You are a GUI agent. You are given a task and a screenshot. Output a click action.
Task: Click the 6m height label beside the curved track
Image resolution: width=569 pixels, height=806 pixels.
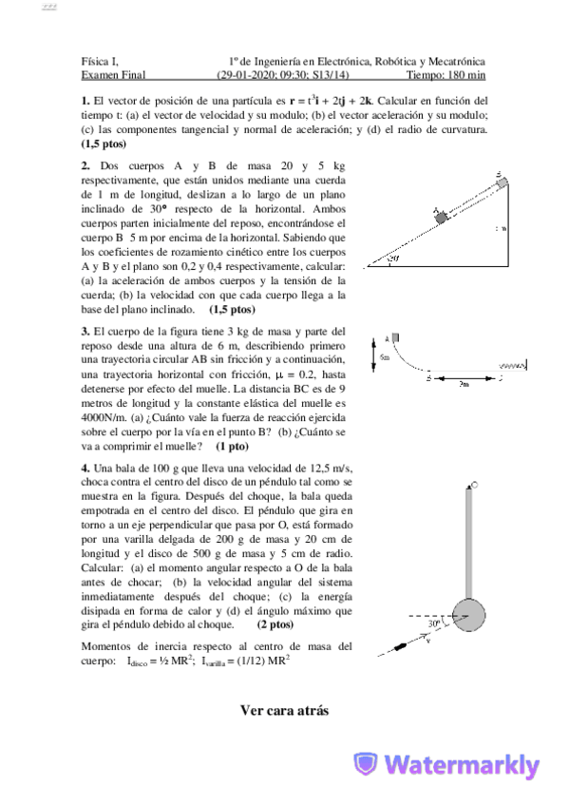385,357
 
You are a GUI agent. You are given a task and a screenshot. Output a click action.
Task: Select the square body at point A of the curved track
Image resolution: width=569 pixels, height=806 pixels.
395,337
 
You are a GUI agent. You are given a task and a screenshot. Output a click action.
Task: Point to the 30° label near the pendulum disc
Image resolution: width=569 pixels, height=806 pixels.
433,624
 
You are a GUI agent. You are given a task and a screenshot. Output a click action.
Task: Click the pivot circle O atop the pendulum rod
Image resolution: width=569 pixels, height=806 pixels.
472,486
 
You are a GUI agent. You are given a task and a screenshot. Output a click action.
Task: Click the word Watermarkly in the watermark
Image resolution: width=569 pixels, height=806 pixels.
464,766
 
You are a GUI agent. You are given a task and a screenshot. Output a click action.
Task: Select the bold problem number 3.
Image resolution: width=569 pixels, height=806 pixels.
85,331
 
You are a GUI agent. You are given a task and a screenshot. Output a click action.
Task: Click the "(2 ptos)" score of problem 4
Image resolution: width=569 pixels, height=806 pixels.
275,624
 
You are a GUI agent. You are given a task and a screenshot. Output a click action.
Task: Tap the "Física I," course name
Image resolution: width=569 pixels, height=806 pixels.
100,60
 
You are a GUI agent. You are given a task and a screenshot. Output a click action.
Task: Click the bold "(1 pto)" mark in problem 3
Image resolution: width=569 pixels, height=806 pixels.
233,446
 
